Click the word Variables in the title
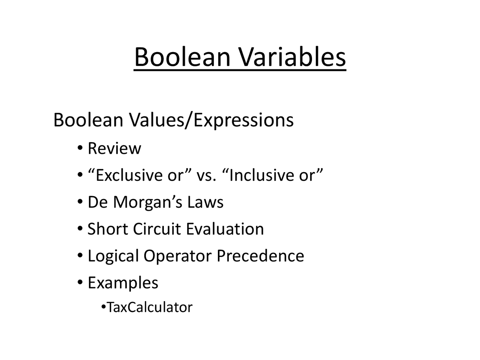click(292, 57)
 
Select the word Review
click(114, 148)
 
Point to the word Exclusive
click(125, 175)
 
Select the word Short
click(108, 229)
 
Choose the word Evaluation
click(225, 229)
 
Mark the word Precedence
click(260, 256)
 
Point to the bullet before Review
click(80, 148)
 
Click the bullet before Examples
click(80, 282)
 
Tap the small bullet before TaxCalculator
click(103, 307)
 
